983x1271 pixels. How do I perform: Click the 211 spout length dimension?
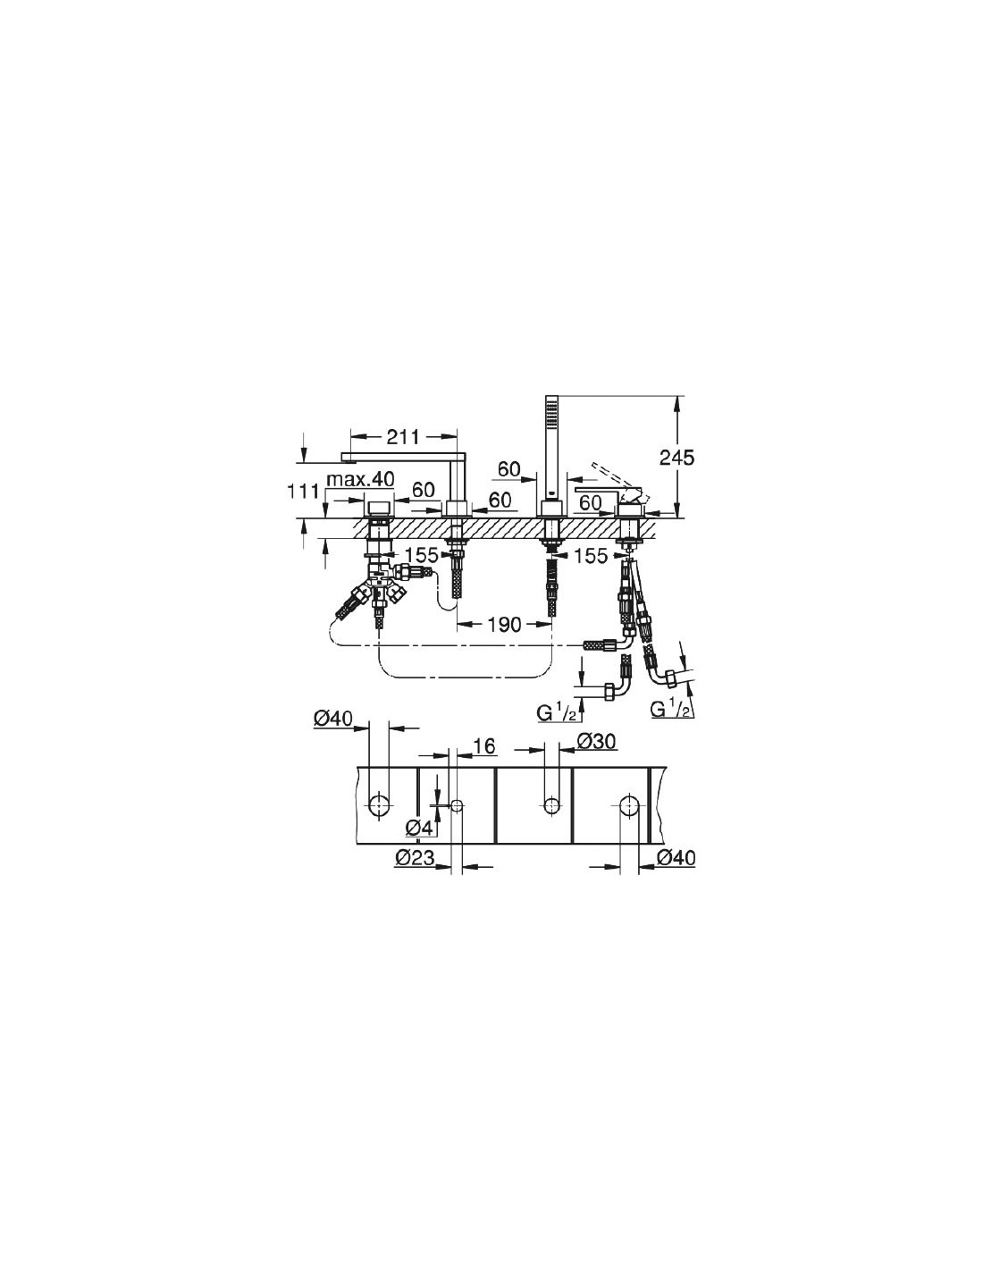(x=404, y=436)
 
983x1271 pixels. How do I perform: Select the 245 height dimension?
(x=677, y=457)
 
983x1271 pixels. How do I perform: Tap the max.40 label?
(x=360, y=479)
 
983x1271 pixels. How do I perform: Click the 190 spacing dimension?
(x=504, y=624)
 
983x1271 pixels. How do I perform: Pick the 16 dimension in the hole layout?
(x=484, y=745)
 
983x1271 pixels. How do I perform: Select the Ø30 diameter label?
(x=596, y=742)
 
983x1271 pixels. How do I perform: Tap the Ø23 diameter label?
(x=415, y=857)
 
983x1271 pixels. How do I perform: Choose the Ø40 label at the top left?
(x=333, y=719)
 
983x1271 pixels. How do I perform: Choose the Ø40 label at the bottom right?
(x=676, y=857)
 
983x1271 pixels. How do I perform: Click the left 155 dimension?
(x=422, y=554)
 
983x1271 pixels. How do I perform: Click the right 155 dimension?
(x=592, y=556)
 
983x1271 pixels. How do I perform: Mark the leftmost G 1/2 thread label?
(x=558, y=711)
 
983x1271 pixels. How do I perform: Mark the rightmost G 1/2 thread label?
(x=672, y=708)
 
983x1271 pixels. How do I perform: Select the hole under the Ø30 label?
(x=550, y=805)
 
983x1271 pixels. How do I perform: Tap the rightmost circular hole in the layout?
(x=628, y=804)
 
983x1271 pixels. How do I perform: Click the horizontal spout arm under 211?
(x=398, y=456)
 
